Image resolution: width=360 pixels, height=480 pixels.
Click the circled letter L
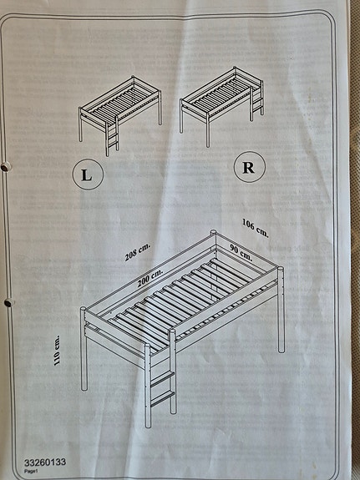(88, 174)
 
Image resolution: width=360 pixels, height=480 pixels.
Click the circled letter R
(250, 167)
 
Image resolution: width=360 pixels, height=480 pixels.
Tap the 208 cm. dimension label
(138, 252)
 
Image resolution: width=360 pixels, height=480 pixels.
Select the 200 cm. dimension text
(150, 277)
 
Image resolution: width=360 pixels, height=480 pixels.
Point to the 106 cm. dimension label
(256, 228)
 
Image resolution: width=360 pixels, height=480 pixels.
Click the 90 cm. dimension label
(241, 253)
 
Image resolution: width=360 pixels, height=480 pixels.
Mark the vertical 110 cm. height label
(57, 351)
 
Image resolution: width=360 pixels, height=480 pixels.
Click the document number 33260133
(45, 462)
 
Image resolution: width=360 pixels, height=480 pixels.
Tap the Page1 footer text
(31, 472)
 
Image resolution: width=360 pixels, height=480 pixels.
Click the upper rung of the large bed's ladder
(162, 378)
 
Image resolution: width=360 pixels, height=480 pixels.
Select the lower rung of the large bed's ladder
(162, 398)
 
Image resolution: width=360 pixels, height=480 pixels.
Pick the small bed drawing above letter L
(119, 116)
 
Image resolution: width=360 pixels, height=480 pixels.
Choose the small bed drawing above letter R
(222, 107)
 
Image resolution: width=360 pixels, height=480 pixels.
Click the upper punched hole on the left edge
(5, 167)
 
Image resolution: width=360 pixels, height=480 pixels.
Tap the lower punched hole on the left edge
(9, 302)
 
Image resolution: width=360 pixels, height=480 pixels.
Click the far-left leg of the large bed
(84, 349)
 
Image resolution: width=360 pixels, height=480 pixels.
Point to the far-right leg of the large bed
(281, 310)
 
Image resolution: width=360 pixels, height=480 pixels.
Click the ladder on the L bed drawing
(112, 136)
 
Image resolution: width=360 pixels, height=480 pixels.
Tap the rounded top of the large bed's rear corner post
(213, 232)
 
